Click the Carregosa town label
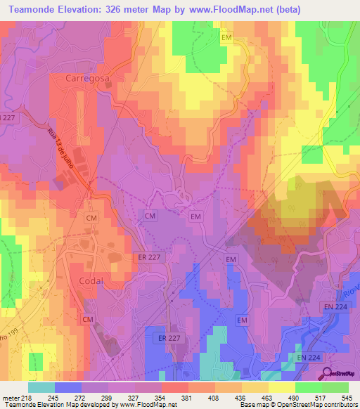coord(87,79)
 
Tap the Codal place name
coord(90,280)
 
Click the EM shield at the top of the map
coord(226,36)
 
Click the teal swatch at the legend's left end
coord(41,387)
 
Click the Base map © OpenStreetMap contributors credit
coord(298,405)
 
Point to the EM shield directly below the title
coord(226,36)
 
